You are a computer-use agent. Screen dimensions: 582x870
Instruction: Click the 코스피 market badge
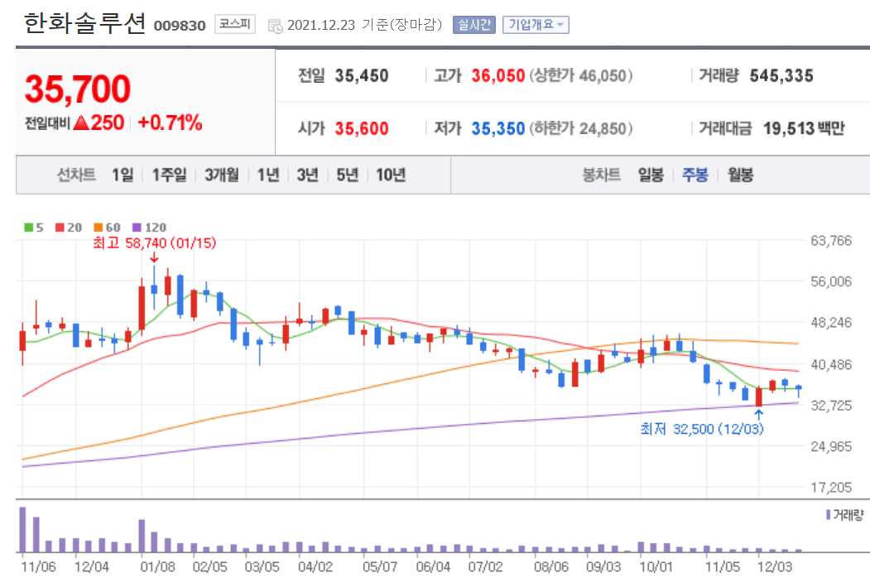coord(235,24)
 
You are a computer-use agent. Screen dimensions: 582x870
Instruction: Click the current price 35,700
coord(78,89)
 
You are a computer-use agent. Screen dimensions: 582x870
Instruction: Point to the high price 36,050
coord(498,76)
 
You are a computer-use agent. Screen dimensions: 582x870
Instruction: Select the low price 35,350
coord(498,129)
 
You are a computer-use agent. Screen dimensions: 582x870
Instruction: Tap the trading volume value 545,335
coord(781,76)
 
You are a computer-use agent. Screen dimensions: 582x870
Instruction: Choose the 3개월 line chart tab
coord(221,175)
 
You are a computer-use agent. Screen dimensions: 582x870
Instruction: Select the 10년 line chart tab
coord(391,175)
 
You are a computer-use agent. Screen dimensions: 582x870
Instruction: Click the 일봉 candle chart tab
coord(651,175)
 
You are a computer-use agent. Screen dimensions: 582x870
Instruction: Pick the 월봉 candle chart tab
coord(740,175)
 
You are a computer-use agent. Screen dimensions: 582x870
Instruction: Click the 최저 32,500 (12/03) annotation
coord(701,429)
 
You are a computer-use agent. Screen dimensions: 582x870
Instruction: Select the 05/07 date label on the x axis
coord(380,567)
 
